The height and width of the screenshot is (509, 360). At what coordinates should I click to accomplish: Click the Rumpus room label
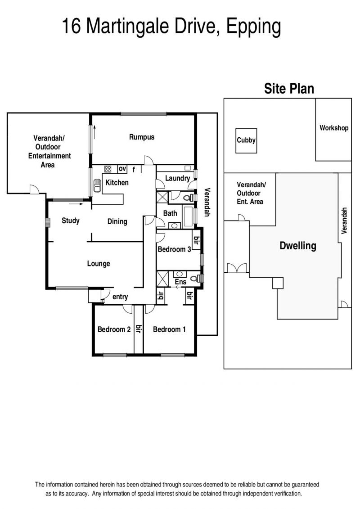[x=142, y=137]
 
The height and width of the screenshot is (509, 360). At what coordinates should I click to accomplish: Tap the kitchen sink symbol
[x=97, y=186]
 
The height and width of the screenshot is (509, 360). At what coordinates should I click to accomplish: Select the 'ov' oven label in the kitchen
[x=122, y=169]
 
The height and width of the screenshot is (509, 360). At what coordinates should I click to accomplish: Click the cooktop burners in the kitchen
[x=108, y=169]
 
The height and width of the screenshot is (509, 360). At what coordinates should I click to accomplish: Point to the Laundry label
[x=177, y=178]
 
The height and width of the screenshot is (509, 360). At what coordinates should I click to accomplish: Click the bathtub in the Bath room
[x=188, y=216]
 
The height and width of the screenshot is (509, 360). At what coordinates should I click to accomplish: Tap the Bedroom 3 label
[x=174, y=249]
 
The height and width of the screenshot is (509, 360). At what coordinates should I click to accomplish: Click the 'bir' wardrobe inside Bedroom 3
[x=196, y=240]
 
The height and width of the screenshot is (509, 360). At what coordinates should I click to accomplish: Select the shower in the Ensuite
[x=162, y=279]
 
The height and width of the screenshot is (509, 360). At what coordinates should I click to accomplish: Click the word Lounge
[x=99, y=264]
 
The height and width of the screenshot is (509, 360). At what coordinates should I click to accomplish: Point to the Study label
[x=71, y=221]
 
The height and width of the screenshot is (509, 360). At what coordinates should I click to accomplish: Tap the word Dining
[x=117, y=222]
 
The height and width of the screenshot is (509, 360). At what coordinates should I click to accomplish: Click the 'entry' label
[x=120, y=297]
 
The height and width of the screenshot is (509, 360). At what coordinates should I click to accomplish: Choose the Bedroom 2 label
[x=114, y=329]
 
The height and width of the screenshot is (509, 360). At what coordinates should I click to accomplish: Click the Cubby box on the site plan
[x=246, y=141]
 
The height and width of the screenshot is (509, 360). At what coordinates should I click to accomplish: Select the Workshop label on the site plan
[x=334, y=128]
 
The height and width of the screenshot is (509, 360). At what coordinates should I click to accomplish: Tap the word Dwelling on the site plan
[x=297, y=246]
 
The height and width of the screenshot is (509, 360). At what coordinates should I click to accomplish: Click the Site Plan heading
[x=289, y=89]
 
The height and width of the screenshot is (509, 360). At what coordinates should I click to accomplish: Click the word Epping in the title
[x=253, y=27]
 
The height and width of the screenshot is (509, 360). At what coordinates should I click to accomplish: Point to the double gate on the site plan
[x=237, y=268]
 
